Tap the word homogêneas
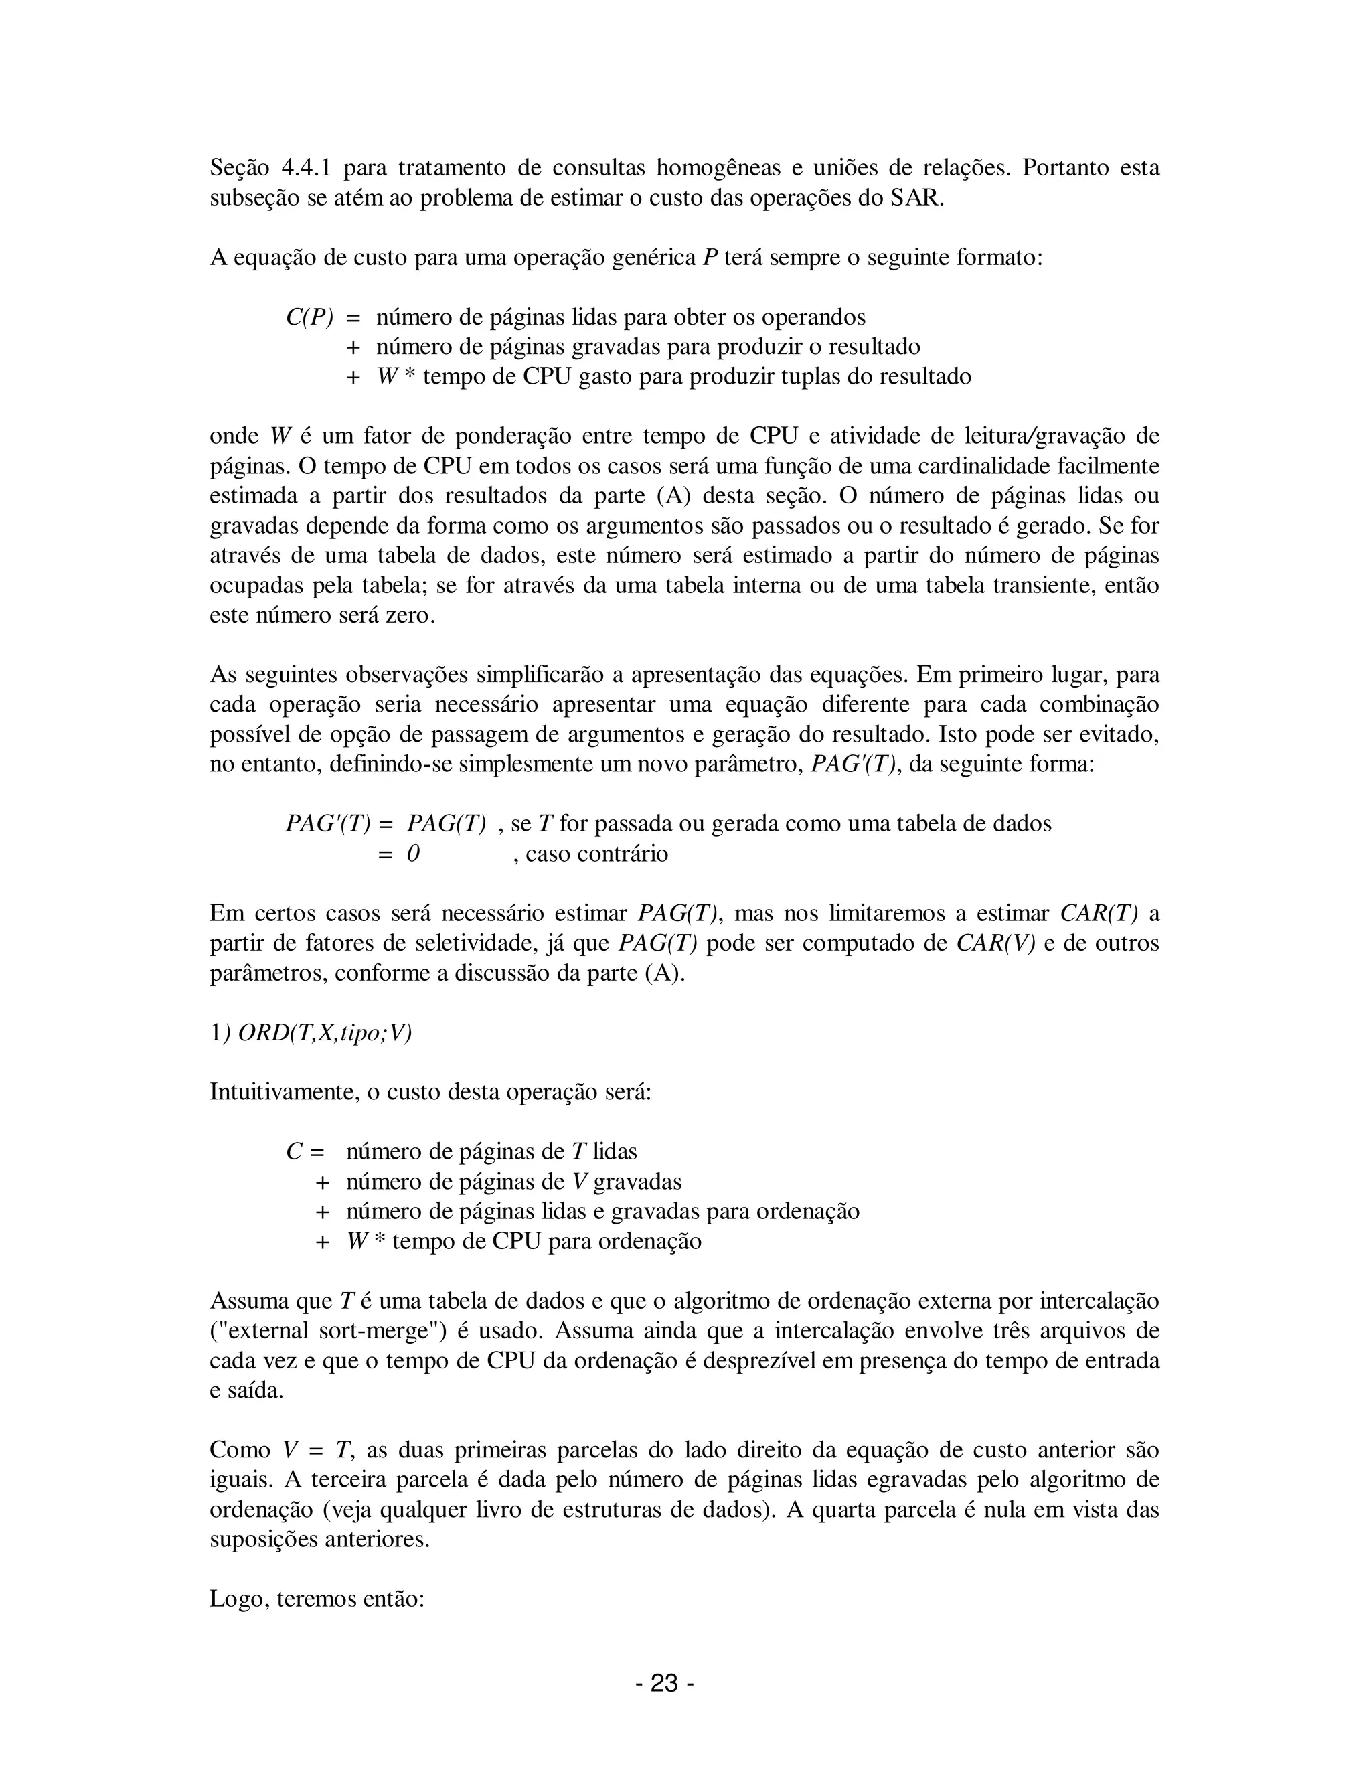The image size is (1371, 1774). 717,168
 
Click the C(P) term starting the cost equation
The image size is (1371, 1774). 309,317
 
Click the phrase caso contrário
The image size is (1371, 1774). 597,854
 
